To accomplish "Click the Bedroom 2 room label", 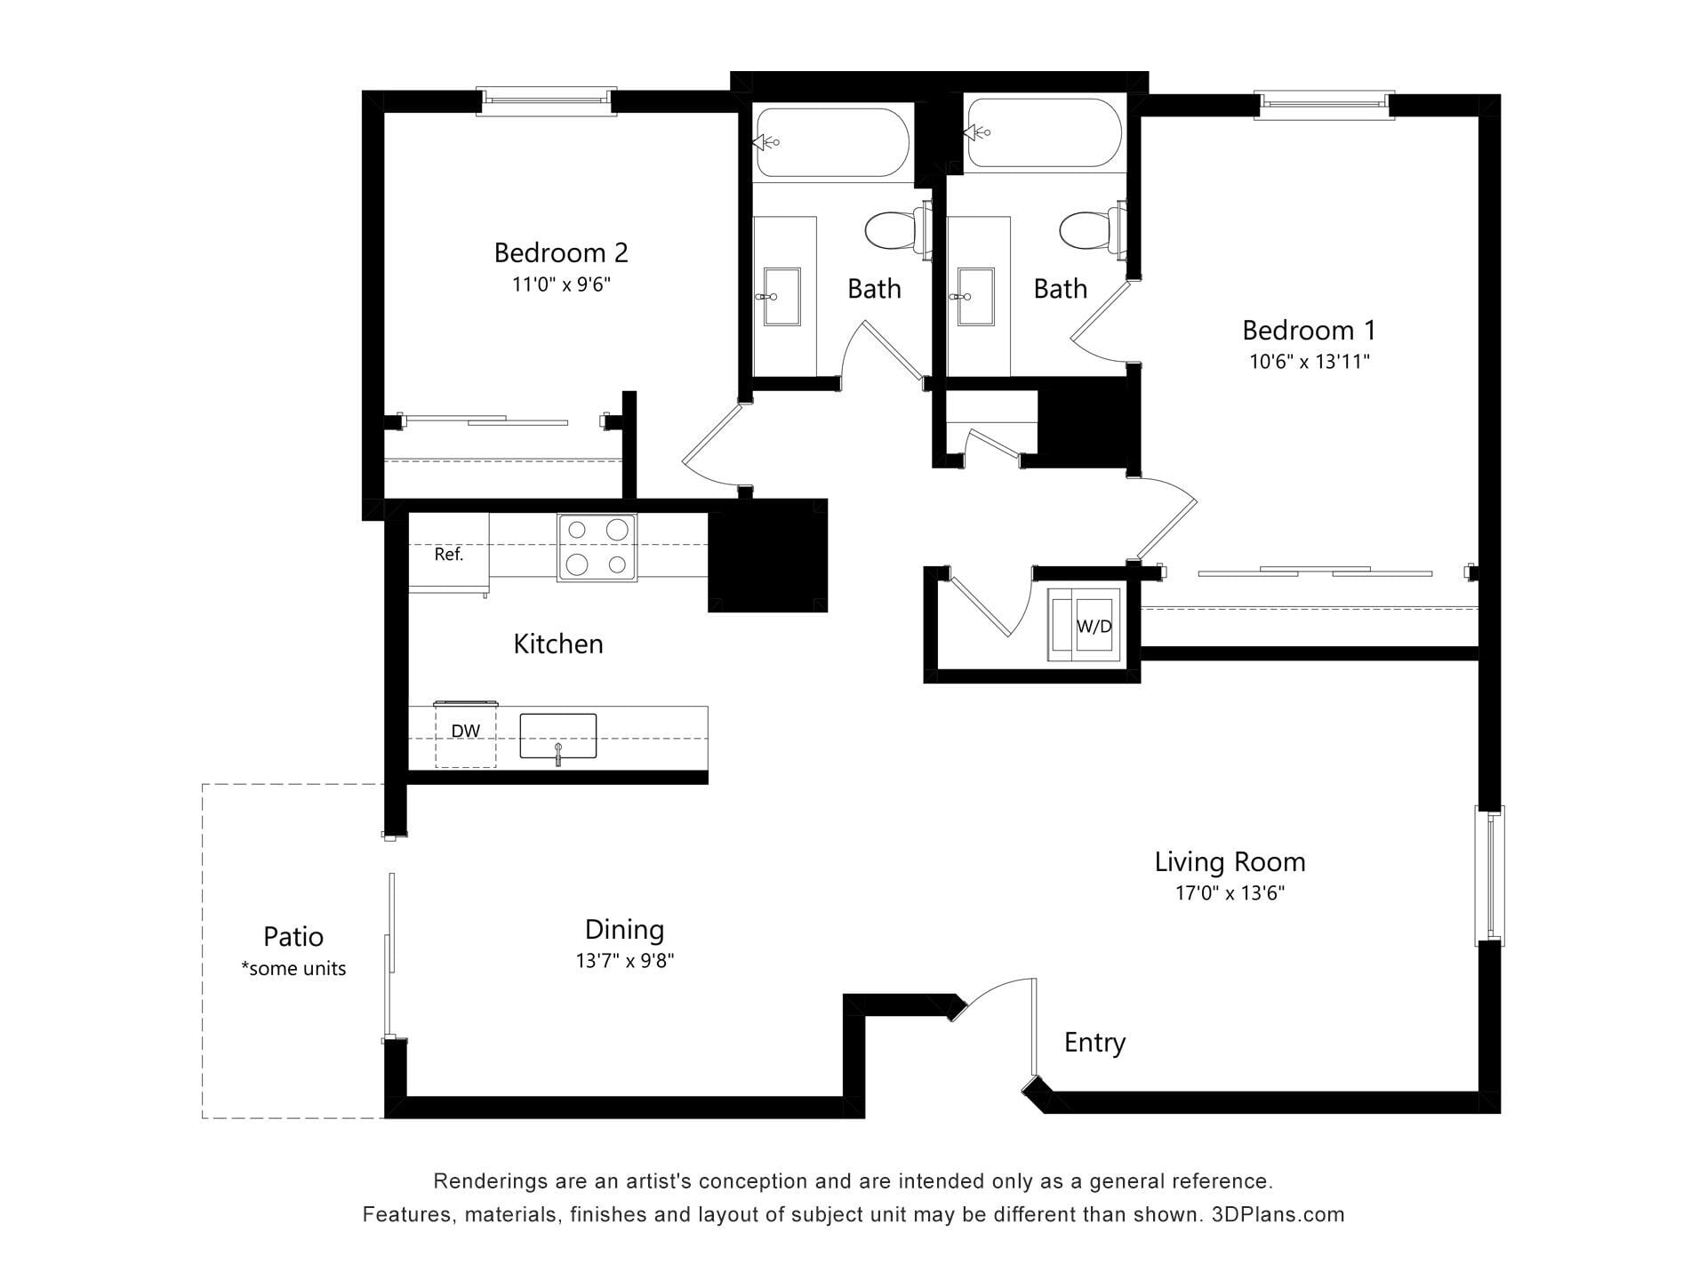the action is click(561, 253).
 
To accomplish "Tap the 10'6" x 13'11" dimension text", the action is click(1309, 362).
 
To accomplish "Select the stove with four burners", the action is click(597, 548).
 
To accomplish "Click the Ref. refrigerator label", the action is click(449, 555).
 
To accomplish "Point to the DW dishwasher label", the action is click(465, 732).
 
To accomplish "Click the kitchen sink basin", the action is click(557, 737).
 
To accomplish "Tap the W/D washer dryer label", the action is click(1094, 626).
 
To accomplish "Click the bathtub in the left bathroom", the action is click(831, 142).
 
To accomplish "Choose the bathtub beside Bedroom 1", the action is click(1045, 132).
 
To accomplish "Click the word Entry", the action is click(1094, 1043).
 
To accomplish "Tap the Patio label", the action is click(293, 937).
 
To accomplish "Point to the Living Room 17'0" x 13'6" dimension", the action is click(1230, 893).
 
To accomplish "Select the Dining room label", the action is click(624, 930).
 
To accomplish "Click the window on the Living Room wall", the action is click(1490, 876).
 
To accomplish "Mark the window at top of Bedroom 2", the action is click(546, 100).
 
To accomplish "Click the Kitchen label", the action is click(558, 644).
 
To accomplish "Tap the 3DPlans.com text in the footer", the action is click(1278, 1214).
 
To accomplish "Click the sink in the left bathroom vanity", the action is click(780, 297).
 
